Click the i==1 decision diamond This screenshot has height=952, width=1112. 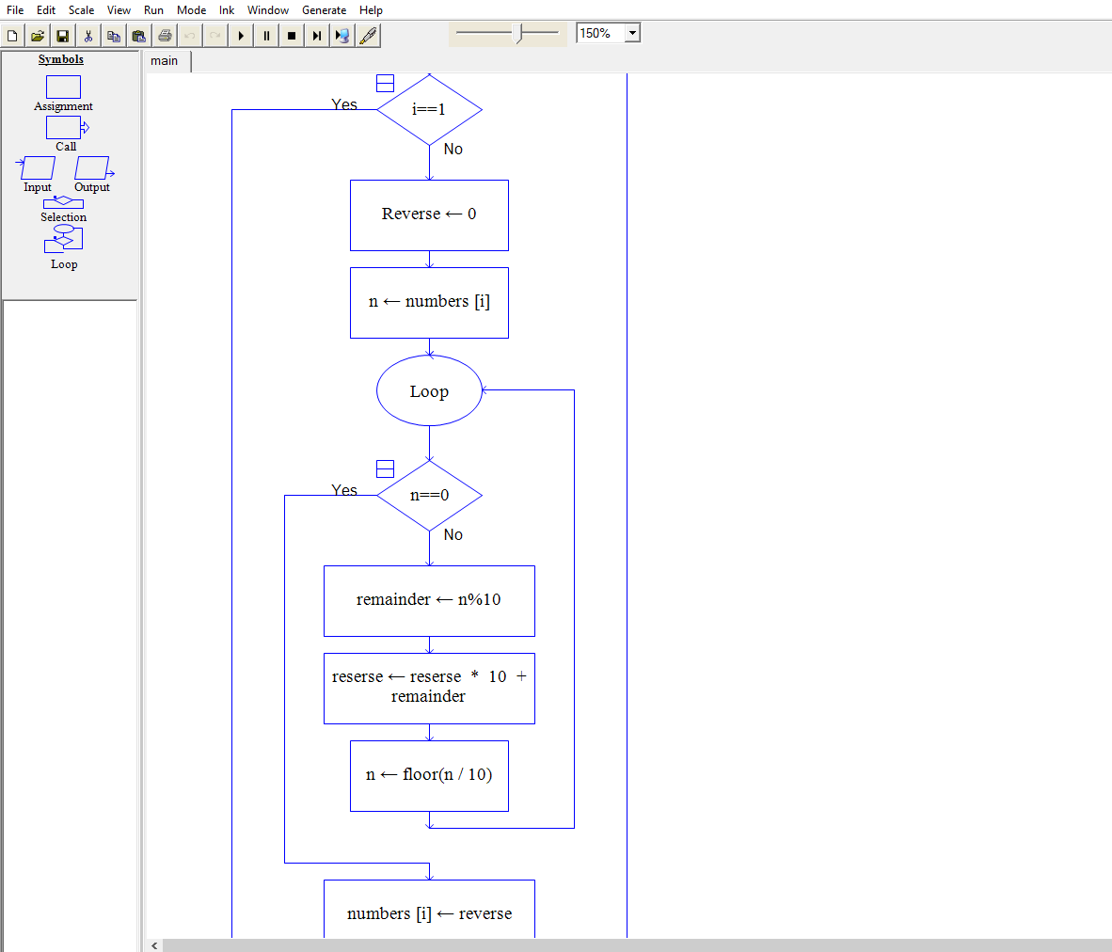429,109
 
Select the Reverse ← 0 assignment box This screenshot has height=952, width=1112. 429,214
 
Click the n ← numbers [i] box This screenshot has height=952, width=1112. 429,302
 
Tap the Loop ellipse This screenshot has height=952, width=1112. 429,391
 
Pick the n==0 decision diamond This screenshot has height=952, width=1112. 429,495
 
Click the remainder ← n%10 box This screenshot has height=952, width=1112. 429,600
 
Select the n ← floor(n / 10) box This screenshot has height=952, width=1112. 429,775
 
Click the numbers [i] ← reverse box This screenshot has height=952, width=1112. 429,912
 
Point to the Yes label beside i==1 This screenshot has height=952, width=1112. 344,104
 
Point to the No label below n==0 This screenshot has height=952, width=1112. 453,534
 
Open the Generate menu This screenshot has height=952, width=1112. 324,10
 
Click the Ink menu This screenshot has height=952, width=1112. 227,10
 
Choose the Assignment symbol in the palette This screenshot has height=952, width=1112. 63,87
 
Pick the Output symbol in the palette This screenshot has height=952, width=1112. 92,169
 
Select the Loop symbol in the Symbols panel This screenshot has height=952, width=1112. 63,240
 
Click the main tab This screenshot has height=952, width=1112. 165,61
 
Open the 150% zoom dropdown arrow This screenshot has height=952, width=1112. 632,33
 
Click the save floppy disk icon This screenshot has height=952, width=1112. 62,36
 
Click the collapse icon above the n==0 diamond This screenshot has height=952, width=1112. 385,468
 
